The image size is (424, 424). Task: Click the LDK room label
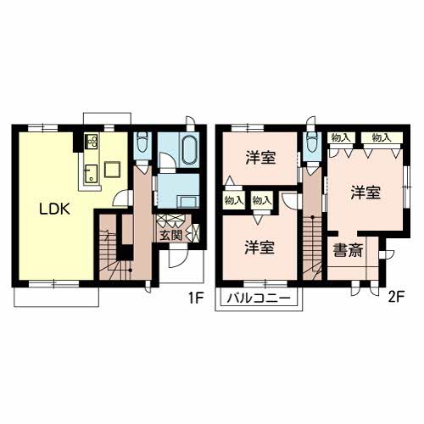(x=54, y=209)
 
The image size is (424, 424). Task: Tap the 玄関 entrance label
(x=171, y=235)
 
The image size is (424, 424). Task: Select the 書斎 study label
(x=348, y=250)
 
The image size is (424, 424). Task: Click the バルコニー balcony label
(x=259, y=298)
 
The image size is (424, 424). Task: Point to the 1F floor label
(x=196, y=298)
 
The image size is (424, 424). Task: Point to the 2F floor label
(x=396, y=298)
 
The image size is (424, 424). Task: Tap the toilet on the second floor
(x=312, y=142)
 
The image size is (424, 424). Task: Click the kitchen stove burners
(x=92, y=142)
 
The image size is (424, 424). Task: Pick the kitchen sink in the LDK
(x=91, y=174)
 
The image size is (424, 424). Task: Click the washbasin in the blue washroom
(x=187, y=202)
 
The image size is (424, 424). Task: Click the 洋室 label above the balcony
(x=259, y=247)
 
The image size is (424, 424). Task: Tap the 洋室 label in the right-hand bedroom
(x=365, y=192)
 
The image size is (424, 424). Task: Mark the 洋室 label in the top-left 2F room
(x=260, y=158)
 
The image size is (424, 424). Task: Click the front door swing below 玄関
(x=178, y=258)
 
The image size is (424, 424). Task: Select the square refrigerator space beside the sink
(x=113, y=169)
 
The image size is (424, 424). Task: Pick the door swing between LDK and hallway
(x=122, y=198)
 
